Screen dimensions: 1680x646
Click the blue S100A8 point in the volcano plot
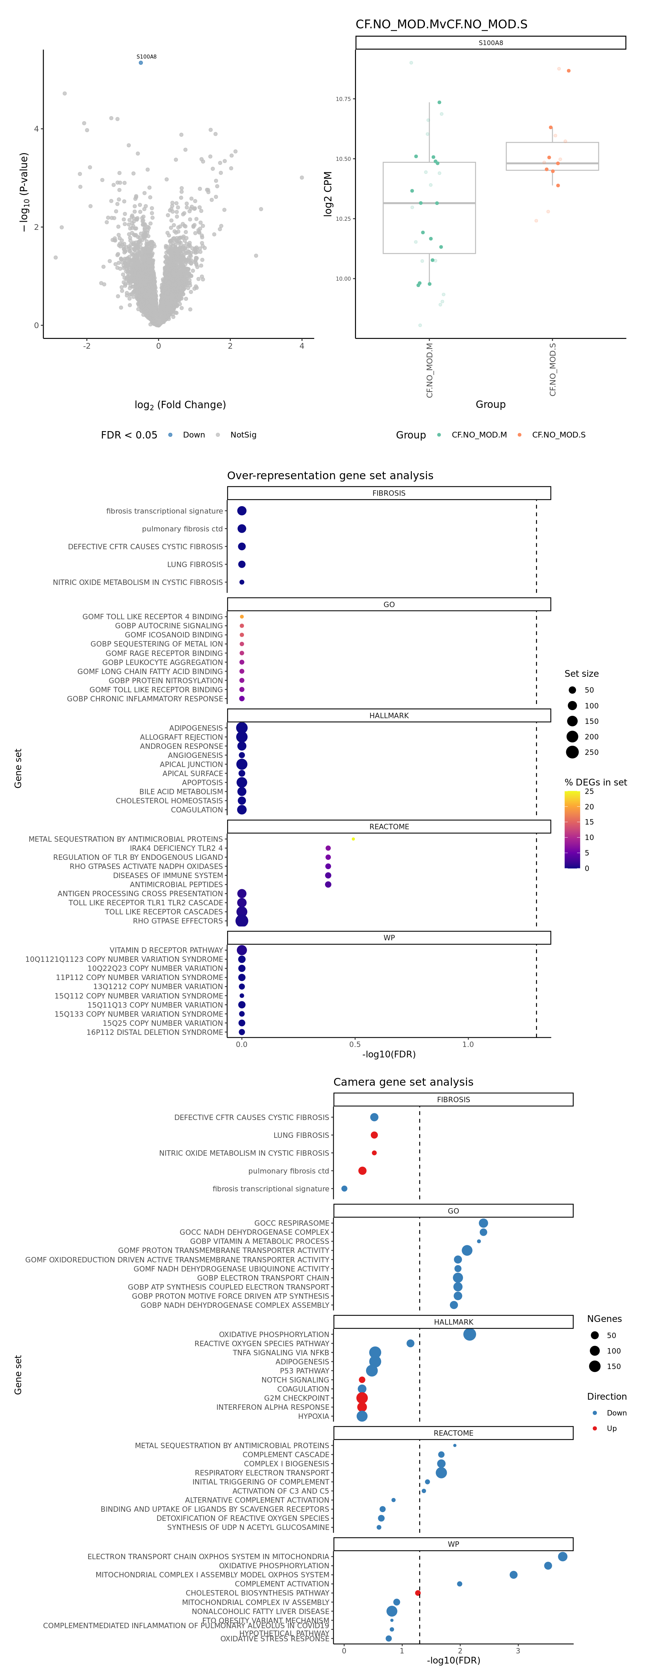click(141, 63)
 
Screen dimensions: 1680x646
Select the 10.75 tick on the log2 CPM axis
click(343, 99)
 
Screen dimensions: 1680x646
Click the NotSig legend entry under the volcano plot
click(243, 435)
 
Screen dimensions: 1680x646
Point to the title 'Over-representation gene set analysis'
click(330, 476)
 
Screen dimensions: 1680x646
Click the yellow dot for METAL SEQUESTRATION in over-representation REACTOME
click(353, 839)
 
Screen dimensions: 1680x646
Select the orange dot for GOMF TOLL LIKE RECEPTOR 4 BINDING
click(242, 616)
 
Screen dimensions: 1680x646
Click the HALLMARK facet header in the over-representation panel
click(389, 715)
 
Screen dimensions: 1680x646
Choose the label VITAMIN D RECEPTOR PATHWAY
click(166, 950)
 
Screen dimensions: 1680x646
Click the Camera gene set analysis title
click(403, 1082)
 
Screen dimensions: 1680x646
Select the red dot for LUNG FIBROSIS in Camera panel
click(374, 1135)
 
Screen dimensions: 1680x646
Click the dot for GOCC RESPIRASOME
click(483, 1223)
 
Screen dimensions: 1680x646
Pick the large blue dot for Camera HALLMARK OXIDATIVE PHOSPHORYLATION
click(469, 1334)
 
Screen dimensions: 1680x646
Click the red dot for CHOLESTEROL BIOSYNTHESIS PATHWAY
click(418, 1593)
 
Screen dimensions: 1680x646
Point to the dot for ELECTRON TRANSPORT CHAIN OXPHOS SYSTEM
click(563, 1556)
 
